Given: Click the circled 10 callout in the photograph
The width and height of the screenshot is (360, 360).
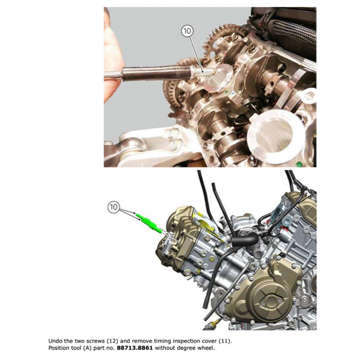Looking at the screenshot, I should (187, 31).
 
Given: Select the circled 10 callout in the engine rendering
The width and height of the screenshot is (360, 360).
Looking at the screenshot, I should (114, 207).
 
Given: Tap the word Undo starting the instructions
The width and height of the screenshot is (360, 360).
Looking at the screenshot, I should (54, 341).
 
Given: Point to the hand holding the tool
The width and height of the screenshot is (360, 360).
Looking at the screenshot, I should (112, 56).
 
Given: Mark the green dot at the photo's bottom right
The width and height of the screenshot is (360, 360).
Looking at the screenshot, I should (299, 163).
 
